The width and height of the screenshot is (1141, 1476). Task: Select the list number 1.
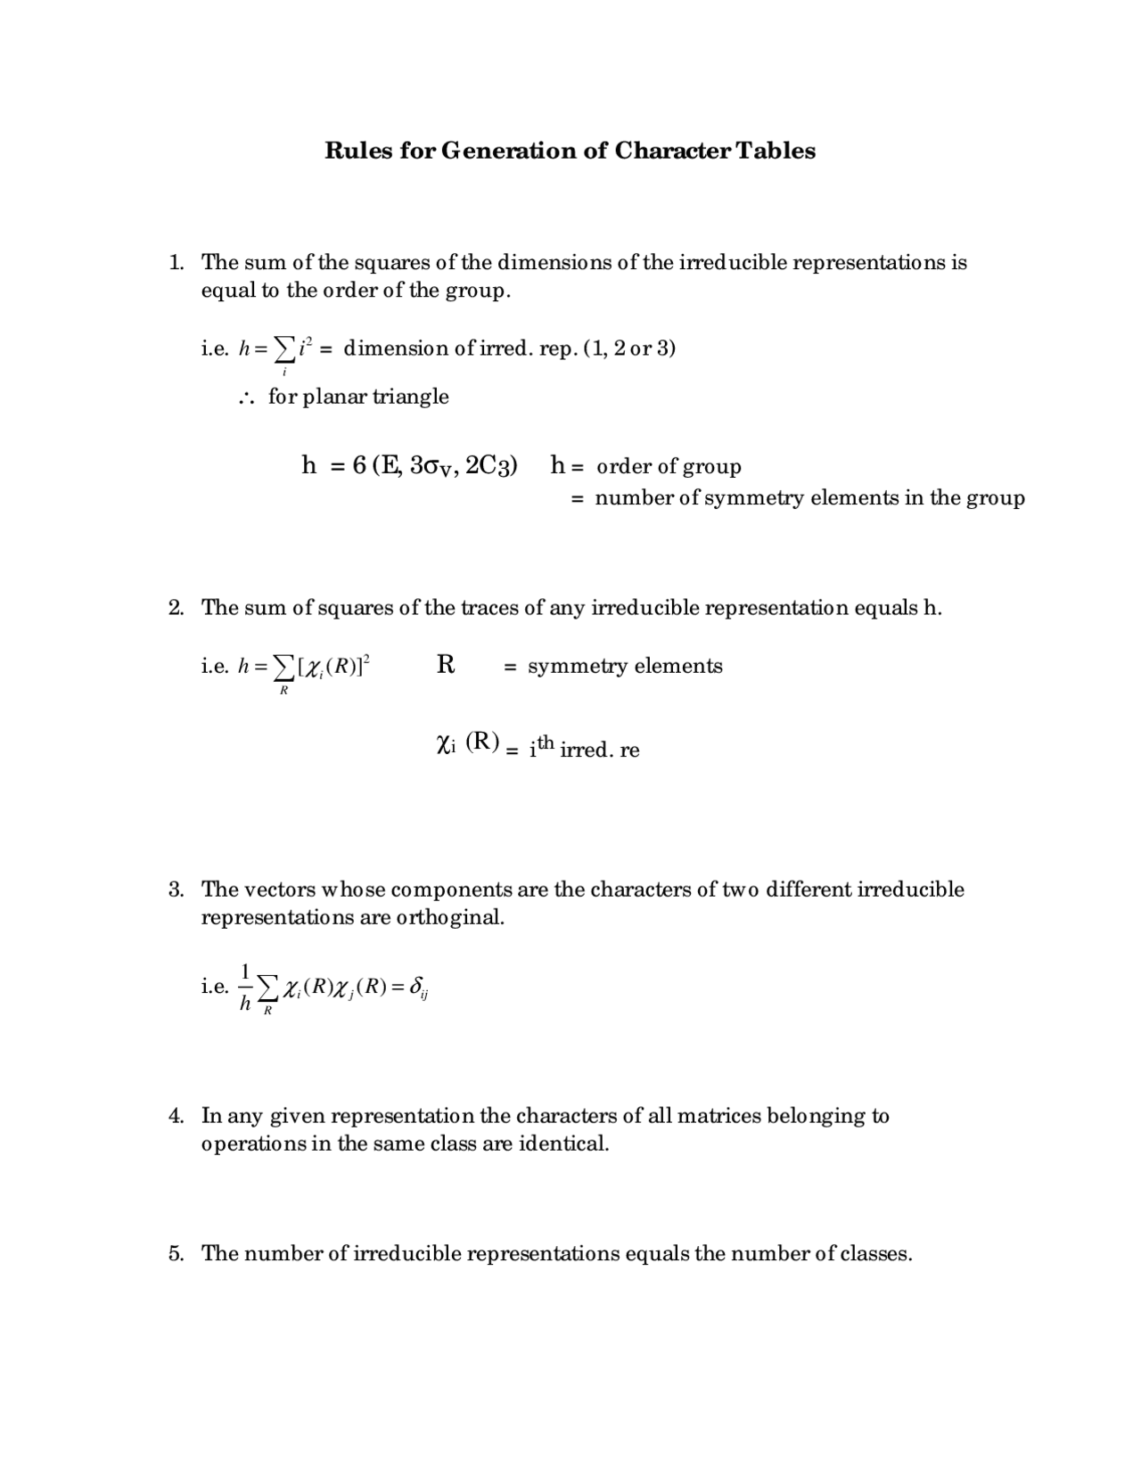[176, 262]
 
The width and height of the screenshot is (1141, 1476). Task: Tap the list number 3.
[176, 890]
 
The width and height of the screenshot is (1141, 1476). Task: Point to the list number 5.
[176, 1254]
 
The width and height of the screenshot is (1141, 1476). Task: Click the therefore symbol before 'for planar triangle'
[248, 398]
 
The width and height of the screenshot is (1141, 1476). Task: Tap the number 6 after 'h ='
[359, 465]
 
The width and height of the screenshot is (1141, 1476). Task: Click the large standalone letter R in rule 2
[446, 665]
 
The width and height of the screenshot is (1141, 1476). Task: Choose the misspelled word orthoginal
[451, 917]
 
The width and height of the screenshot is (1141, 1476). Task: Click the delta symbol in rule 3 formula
[416, 987]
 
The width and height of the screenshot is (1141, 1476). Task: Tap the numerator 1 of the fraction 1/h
[246, 971]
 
